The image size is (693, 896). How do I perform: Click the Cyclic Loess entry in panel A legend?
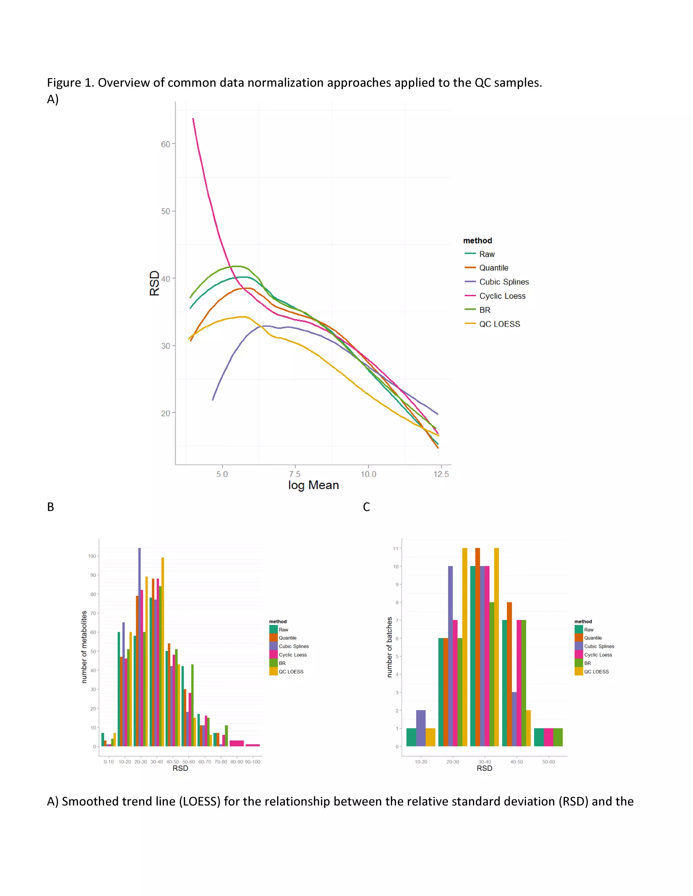pos(502,296)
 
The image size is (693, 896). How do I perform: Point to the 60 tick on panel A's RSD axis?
pos(165,144)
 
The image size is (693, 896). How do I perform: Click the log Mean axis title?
pos(313,485)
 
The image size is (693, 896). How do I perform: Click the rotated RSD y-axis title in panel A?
pos(154,283)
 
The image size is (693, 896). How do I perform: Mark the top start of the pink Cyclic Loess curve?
pos(193,119)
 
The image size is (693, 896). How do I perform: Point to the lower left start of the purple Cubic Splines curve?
pos(213,399)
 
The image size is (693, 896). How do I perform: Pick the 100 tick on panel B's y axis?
pos(92,556)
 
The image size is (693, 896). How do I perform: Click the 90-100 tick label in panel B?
pos(252,761)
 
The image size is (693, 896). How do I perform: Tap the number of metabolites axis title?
pos(84,646)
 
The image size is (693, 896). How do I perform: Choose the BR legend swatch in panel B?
pos(273,663)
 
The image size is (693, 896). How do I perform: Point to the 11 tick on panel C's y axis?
pos(396,548)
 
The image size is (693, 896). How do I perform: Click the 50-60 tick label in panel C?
pos(548,761)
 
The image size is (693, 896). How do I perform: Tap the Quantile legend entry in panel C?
pos(593,638)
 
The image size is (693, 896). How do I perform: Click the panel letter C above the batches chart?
pos(366,507)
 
